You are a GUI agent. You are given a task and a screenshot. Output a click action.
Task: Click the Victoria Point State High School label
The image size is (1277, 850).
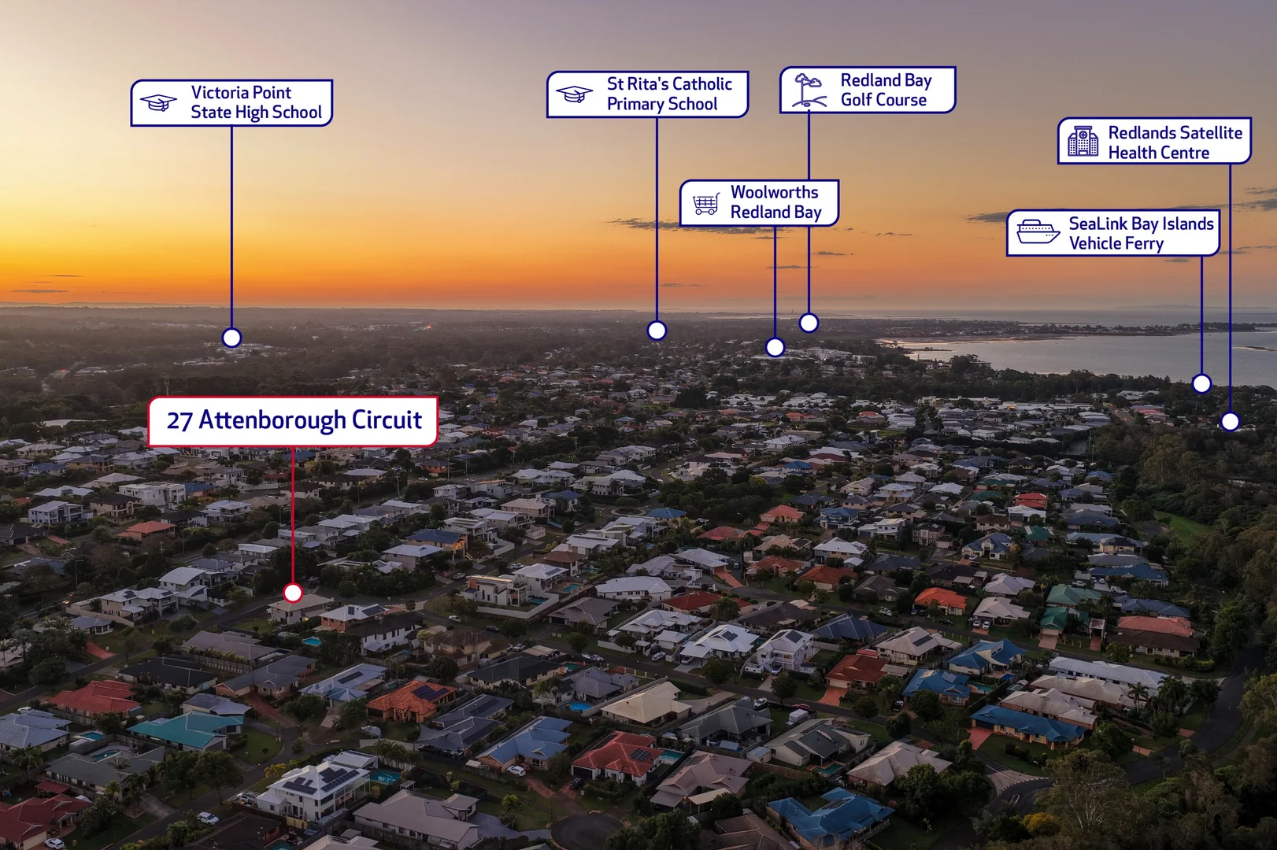click(x=231, y=102)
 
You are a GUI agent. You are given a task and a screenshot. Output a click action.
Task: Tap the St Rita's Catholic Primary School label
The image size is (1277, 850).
click(x=647, y=94)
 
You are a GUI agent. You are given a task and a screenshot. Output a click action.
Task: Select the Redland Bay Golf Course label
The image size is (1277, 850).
click(x=868, y=90)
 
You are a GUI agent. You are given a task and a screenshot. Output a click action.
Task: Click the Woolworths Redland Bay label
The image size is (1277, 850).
click(x=759, y=202)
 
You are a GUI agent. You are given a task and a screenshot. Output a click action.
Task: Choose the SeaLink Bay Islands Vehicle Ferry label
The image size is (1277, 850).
click(x=1112, y=233)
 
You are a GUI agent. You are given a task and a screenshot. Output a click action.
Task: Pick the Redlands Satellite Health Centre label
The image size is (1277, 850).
click(x=1154, y=141)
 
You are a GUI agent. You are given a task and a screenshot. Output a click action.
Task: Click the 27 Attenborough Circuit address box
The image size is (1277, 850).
click(x=293, y=421)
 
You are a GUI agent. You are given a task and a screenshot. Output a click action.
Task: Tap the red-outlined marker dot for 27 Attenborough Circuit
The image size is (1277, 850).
click(x=293, y=593)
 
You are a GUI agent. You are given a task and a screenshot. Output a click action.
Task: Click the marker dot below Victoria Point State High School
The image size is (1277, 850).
click(x=231, y=338)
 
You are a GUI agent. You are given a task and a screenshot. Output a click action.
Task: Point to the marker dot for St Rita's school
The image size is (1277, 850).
click(x=657, y=330)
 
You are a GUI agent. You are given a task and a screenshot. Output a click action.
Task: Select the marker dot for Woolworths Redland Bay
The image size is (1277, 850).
click(x=775, y=347)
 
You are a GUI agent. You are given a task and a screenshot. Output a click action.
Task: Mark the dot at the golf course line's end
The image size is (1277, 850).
click(x=809, y=323)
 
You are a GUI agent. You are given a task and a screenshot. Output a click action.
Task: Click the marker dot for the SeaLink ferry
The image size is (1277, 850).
click(x=1201, y=383)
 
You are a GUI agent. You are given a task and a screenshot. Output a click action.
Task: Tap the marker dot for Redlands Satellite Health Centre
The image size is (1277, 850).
click(x=1231, y=421)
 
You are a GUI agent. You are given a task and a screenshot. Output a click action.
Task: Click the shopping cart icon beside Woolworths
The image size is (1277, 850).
click(x=705, y=204)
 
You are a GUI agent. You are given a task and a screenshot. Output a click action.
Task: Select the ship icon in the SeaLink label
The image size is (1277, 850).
click(x=1038, y=231)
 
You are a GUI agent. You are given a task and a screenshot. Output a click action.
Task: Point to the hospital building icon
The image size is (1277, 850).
click(x=1083, y=141)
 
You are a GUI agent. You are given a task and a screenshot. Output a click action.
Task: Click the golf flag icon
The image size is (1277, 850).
click(x=809, y=91)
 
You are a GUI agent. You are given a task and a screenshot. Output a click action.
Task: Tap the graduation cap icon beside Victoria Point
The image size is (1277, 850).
click(x=158, y=102)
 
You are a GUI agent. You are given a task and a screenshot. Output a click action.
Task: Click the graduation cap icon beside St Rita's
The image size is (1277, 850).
click(x=574, y=94)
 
